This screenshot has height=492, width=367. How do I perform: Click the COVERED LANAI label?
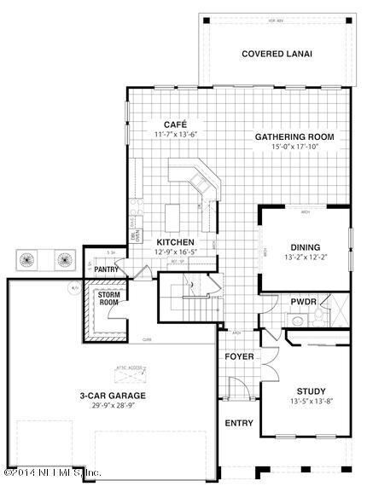[277, 54]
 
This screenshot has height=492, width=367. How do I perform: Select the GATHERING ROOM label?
[294, 136]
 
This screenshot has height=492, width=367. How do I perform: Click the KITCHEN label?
[175, 241]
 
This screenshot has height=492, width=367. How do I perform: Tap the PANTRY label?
[107, 269]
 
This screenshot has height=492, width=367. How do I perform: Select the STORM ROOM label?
[108, 298]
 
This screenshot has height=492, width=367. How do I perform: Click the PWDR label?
[304, 301]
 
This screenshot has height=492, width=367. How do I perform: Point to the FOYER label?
[240, 356]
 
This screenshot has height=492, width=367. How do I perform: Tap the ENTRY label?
[239, 423]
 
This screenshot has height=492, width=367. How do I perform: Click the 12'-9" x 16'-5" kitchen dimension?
[175, 252]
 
